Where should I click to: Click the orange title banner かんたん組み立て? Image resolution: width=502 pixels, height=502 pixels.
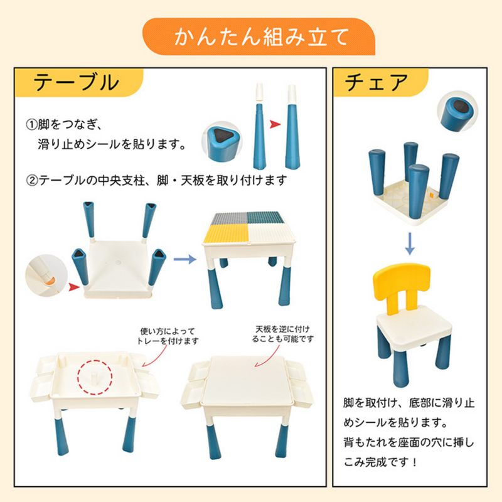click(259, 36)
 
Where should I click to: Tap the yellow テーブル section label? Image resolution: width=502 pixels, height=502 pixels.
click(79, 82)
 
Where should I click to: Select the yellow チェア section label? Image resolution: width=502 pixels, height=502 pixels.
click(380, 82)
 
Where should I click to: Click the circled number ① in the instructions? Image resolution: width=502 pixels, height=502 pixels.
click(31, 124)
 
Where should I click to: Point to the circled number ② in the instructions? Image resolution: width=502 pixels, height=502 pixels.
click(31, 181)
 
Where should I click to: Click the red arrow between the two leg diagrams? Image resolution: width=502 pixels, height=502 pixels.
click(275, 124)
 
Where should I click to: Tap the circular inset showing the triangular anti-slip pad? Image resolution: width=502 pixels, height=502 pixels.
click(222, 142)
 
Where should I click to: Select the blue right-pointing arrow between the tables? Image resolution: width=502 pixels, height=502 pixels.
click(184, 259)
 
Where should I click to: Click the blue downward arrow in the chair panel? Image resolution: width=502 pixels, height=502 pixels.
click(410, 243)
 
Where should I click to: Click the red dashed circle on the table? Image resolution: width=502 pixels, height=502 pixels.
click(95, 377)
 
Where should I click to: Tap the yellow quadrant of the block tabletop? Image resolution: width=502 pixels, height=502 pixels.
click(225, 233)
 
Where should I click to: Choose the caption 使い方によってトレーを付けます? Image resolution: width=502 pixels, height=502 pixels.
click(168, 336)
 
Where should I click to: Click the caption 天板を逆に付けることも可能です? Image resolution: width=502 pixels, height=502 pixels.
click(283, 334)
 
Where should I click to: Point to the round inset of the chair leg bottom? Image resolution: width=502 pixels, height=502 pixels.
click(457, 111)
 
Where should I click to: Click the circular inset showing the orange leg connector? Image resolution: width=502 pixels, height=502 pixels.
click(46, 275)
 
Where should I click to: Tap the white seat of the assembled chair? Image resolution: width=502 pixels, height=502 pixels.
click(414, 325)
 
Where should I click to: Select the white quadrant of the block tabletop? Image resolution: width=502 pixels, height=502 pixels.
click(271, 233)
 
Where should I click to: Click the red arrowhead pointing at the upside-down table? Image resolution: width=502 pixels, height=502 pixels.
click(74, 287)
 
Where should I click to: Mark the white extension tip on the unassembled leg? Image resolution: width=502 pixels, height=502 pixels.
click(259, 92)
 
